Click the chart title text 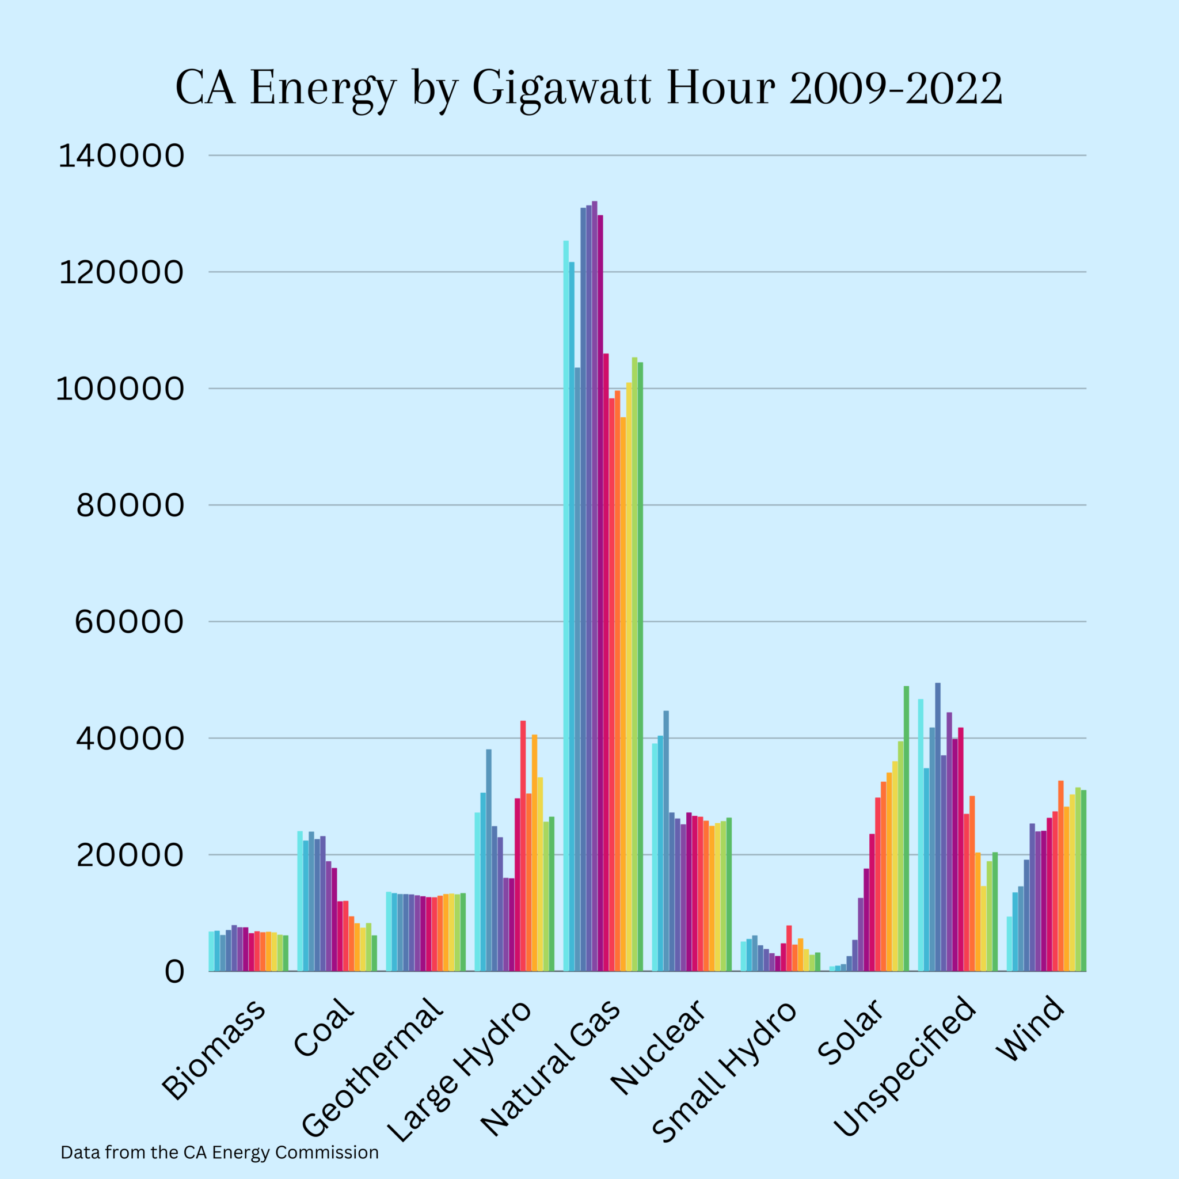pos(589,89)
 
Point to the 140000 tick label pos(121,155)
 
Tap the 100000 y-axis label pos(120,389)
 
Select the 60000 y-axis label pos(129,622)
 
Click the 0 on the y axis pos(174,972)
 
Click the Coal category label pos(324,1028)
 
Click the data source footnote pos(220,1153)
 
